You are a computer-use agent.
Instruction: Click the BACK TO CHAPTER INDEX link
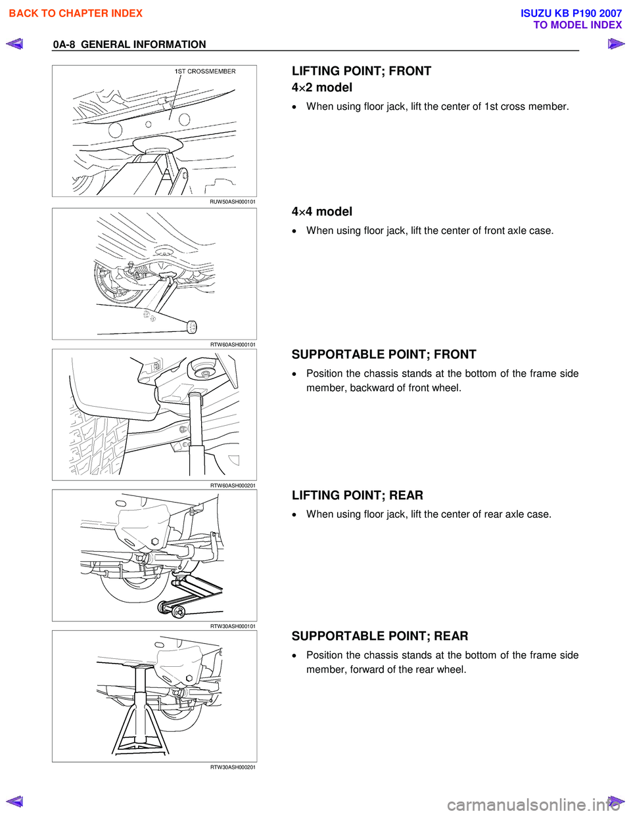pyautogui.click(x=76, y=13)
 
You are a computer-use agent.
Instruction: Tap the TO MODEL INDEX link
pyautogui.click(x=577, y=25)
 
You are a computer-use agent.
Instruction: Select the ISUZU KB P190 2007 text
pyautogui.click(x=571, y=13)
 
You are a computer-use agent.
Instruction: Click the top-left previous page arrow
pyautogui.click(x=14, y=45)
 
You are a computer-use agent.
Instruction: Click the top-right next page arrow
pyautogui.click(x=616, y=45)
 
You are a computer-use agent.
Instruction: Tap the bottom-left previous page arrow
pyautogui.click(x=14, y=801)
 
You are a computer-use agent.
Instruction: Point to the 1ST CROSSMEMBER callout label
pyautogui.click(x=205, y=72)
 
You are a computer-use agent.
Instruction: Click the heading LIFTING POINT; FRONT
pyautogui.click(x=362, y=71)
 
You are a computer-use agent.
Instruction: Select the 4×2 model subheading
pyautogui.click(x=322, y=87)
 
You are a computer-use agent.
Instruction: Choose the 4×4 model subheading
pyautogui.click(x=322, y=212)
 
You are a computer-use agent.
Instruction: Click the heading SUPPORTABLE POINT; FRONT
pyautogui.click(x=384, y=355)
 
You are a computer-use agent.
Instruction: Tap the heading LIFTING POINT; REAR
pyautogui.click(x=358, y=495)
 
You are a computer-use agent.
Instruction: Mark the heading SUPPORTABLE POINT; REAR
pyautogui.click(x=380, y=636)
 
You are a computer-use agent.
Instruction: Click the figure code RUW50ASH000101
pyautogui.click(x=233, y=202)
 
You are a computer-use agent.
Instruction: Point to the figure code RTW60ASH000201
pyautogui.click(x=233, y=486)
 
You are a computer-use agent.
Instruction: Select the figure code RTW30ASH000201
pyautogui.click(x=233, y=767)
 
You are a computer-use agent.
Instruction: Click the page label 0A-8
pyautogui.click(x=64, y=45)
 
